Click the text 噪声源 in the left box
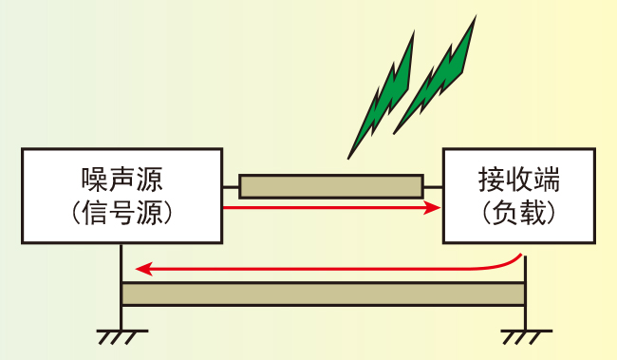pos(122,180)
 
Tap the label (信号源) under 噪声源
pos(122,213)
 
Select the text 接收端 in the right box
pos(519,180)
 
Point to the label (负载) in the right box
pos(519,213)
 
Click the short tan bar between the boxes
pos(331,186)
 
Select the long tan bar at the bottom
pos(324,294)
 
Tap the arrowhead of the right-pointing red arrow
pos(432,207)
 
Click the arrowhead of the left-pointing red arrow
pos(144,269)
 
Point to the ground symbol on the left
pos(122,337)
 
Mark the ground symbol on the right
pos(526,337)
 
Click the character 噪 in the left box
pos(94,180)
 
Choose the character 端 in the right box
pos(547,180)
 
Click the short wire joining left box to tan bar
pos(231,187)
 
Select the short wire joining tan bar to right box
pos(433,187)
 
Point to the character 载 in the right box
pos(533,213)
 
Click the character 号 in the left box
pos(122,213)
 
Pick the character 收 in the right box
pos(519,180)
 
